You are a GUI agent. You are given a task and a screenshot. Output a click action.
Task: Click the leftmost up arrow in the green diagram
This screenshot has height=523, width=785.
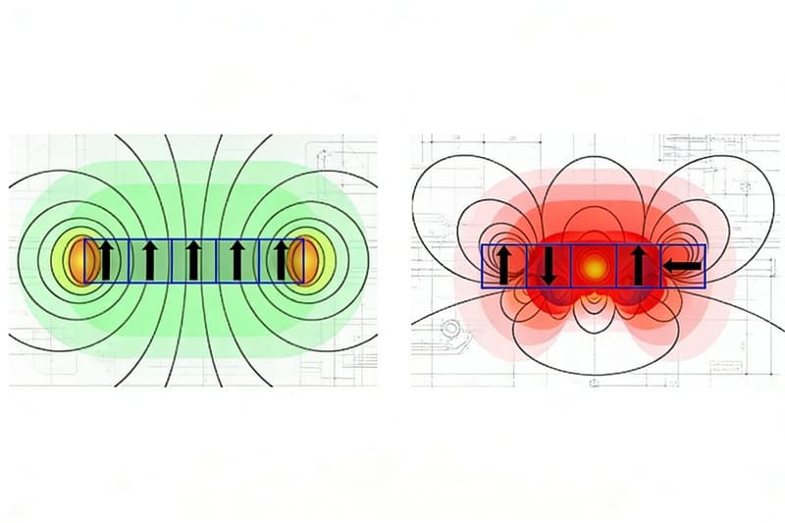106,261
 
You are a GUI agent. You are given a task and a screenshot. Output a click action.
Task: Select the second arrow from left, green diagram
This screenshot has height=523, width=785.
150,261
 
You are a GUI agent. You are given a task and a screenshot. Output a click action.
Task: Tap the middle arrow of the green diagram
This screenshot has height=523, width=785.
193,261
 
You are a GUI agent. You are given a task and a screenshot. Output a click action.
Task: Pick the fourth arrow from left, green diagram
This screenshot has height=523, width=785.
236,261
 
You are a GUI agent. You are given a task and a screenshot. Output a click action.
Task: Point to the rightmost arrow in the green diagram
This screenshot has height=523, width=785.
281,261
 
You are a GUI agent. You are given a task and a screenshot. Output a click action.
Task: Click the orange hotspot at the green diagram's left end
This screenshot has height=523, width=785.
78,261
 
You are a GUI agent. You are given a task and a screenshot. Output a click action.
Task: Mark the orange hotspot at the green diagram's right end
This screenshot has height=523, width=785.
307,261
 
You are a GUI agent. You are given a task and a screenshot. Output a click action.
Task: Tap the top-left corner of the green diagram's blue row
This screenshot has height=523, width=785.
85,239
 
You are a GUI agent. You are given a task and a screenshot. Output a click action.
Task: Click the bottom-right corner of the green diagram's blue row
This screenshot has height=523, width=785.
303,283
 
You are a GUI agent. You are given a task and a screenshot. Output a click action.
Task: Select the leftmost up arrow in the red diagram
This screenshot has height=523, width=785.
503,266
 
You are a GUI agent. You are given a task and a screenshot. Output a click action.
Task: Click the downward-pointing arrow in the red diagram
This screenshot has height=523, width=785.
548,266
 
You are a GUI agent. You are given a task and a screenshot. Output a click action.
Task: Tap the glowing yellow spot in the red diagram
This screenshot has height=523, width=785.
592,266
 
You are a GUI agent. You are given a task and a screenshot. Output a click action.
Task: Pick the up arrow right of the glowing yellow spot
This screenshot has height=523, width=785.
637,266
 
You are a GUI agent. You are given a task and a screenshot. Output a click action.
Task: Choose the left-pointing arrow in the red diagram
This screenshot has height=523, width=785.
682,266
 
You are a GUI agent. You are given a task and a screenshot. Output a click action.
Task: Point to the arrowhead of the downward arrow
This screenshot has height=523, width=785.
548,279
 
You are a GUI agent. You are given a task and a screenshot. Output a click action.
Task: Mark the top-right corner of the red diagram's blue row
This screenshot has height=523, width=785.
706,244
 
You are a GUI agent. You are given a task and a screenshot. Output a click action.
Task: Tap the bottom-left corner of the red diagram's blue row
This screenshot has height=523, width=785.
482,288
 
